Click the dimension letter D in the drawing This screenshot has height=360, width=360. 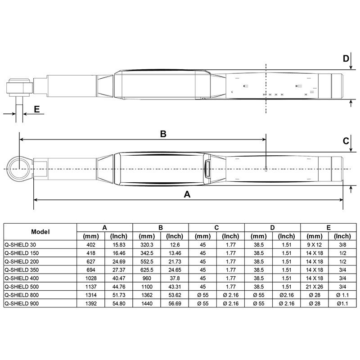pyautogui.click(x=346, y=58)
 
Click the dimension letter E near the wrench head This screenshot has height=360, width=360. pyautogui.click(x=37, y=109)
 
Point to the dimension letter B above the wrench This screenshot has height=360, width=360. pyautogui.click(x=163, y=134)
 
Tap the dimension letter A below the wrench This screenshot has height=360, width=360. pyautogui.click(x=187, y=194)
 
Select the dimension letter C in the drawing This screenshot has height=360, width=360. pyautogui.click(x=346, y=141)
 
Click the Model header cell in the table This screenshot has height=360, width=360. pyautogui.click(x=40, y=232)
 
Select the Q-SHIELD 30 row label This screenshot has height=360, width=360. pyautogui.click(x=20, y=245)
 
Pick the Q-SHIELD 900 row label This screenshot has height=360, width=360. pyautogui.click(x=22, y=303)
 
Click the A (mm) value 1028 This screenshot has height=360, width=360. pyautogui.click(x=91, y=278)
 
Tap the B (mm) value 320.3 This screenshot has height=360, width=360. pyautogui.click(x=147, y=245)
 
